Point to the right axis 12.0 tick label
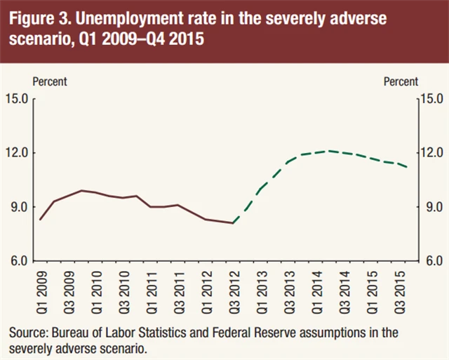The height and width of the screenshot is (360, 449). click(431, 153)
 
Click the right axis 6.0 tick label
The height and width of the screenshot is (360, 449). click(431, 261)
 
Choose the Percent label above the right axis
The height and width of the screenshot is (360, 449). click(401, 81)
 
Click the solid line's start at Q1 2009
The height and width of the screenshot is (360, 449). click(40, 220)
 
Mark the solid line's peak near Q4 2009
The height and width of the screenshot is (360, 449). click(81, 190)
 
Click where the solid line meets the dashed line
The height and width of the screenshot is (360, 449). click(233, 223)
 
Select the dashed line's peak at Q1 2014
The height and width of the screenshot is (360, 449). click(329, 150)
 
